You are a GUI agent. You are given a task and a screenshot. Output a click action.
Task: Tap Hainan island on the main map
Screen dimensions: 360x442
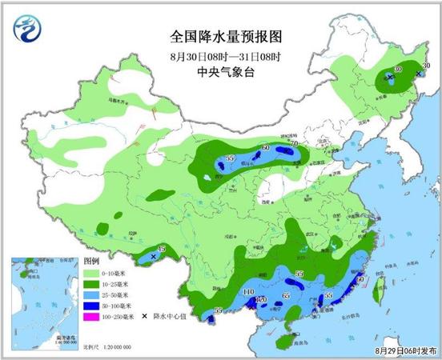point(281,342)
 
